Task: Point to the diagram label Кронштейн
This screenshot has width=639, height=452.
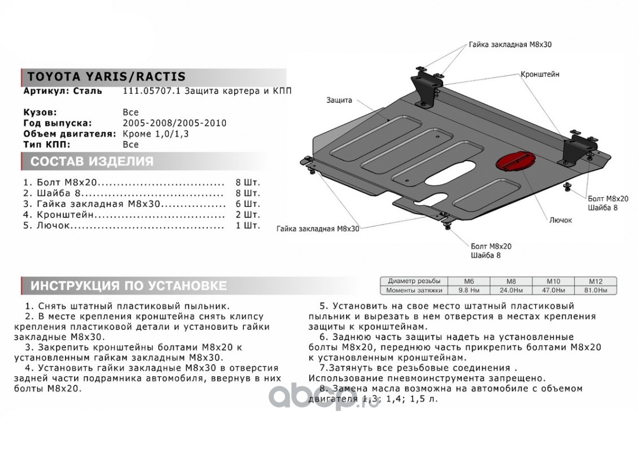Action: tap(540, 75)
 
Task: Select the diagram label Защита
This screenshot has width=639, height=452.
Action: tap(339, 100)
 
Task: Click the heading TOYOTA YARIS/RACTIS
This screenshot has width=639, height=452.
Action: tap(106, 77)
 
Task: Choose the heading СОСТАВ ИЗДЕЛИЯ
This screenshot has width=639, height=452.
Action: tap(91, 162)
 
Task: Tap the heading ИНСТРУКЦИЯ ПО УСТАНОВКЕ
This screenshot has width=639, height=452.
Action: tap(128, 285)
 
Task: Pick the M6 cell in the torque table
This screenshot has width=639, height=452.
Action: tap(468, 281)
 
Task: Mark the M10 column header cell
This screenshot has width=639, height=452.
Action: tap(552, 281)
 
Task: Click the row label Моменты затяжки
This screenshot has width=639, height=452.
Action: tap(414, 290)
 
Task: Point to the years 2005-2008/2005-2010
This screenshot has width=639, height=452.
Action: tap(174, 123)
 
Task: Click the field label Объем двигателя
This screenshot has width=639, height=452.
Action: tap(70, 134)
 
